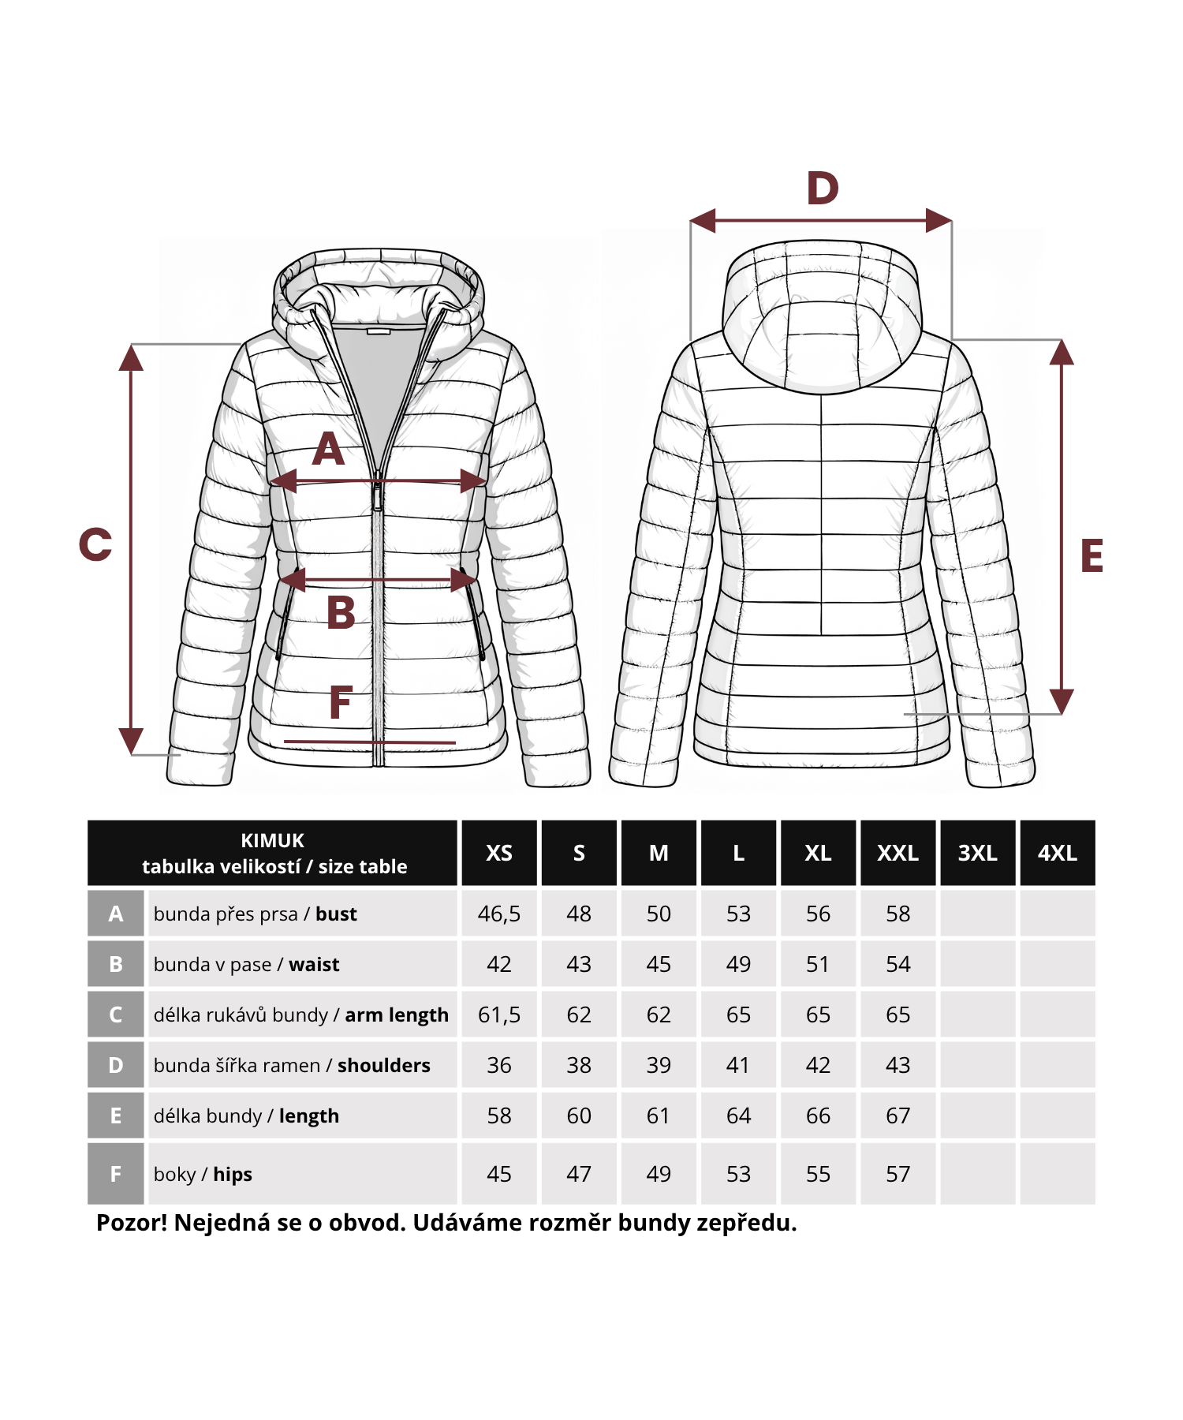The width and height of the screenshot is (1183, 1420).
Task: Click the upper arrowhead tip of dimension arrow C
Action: click(x=131, y=345)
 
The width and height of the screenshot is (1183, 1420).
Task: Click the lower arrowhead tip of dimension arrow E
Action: click(x=1062, y=714)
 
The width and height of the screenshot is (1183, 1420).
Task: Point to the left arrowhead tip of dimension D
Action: click(x=690, y=221)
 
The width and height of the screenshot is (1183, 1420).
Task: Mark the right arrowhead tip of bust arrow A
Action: click(x=487, y=480)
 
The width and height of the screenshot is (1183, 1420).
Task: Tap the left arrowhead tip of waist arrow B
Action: click(x=279, y=581)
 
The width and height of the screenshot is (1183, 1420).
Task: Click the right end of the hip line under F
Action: click(x=456, y=742)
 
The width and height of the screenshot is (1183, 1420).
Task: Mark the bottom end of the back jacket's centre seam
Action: click(x=821, y=634)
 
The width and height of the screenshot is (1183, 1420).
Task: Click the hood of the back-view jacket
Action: click(x=822, y=316)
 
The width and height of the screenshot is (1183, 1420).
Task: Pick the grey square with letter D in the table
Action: click(x=115, y=1065)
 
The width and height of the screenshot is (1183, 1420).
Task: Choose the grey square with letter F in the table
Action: click(x=115, y=1174)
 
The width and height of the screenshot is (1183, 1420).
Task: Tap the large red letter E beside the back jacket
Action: click(x=1092, y=555)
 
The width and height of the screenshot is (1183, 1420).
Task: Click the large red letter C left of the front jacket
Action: click(x=95, y=544)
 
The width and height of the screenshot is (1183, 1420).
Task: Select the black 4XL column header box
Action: click(x=1058, y=853)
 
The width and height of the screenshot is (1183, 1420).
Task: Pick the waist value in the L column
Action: click(x=738, y=964)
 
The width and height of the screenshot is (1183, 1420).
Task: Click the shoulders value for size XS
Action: click(x=499, y=1065)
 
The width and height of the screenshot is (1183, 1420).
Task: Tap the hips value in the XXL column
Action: click(x=898, y=1174)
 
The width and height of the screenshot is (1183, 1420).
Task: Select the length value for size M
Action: click(x=659, y=1115)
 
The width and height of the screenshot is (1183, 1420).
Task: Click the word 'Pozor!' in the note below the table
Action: click(x=132, y=1223)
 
